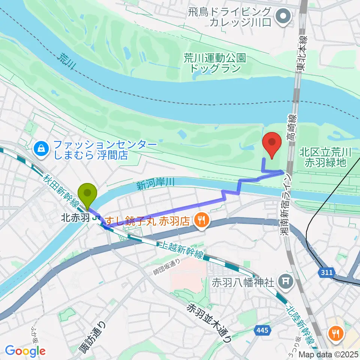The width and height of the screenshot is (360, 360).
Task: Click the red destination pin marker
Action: click(x=273, y=145)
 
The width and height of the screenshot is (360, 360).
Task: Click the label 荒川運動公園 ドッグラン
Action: click(x=214, y=63)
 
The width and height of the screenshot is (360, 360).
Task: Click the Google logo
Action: click(x=25, y=351)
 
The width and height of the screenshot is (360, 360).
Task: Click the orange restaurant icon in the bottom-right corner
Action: click(x=335, y=333)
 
